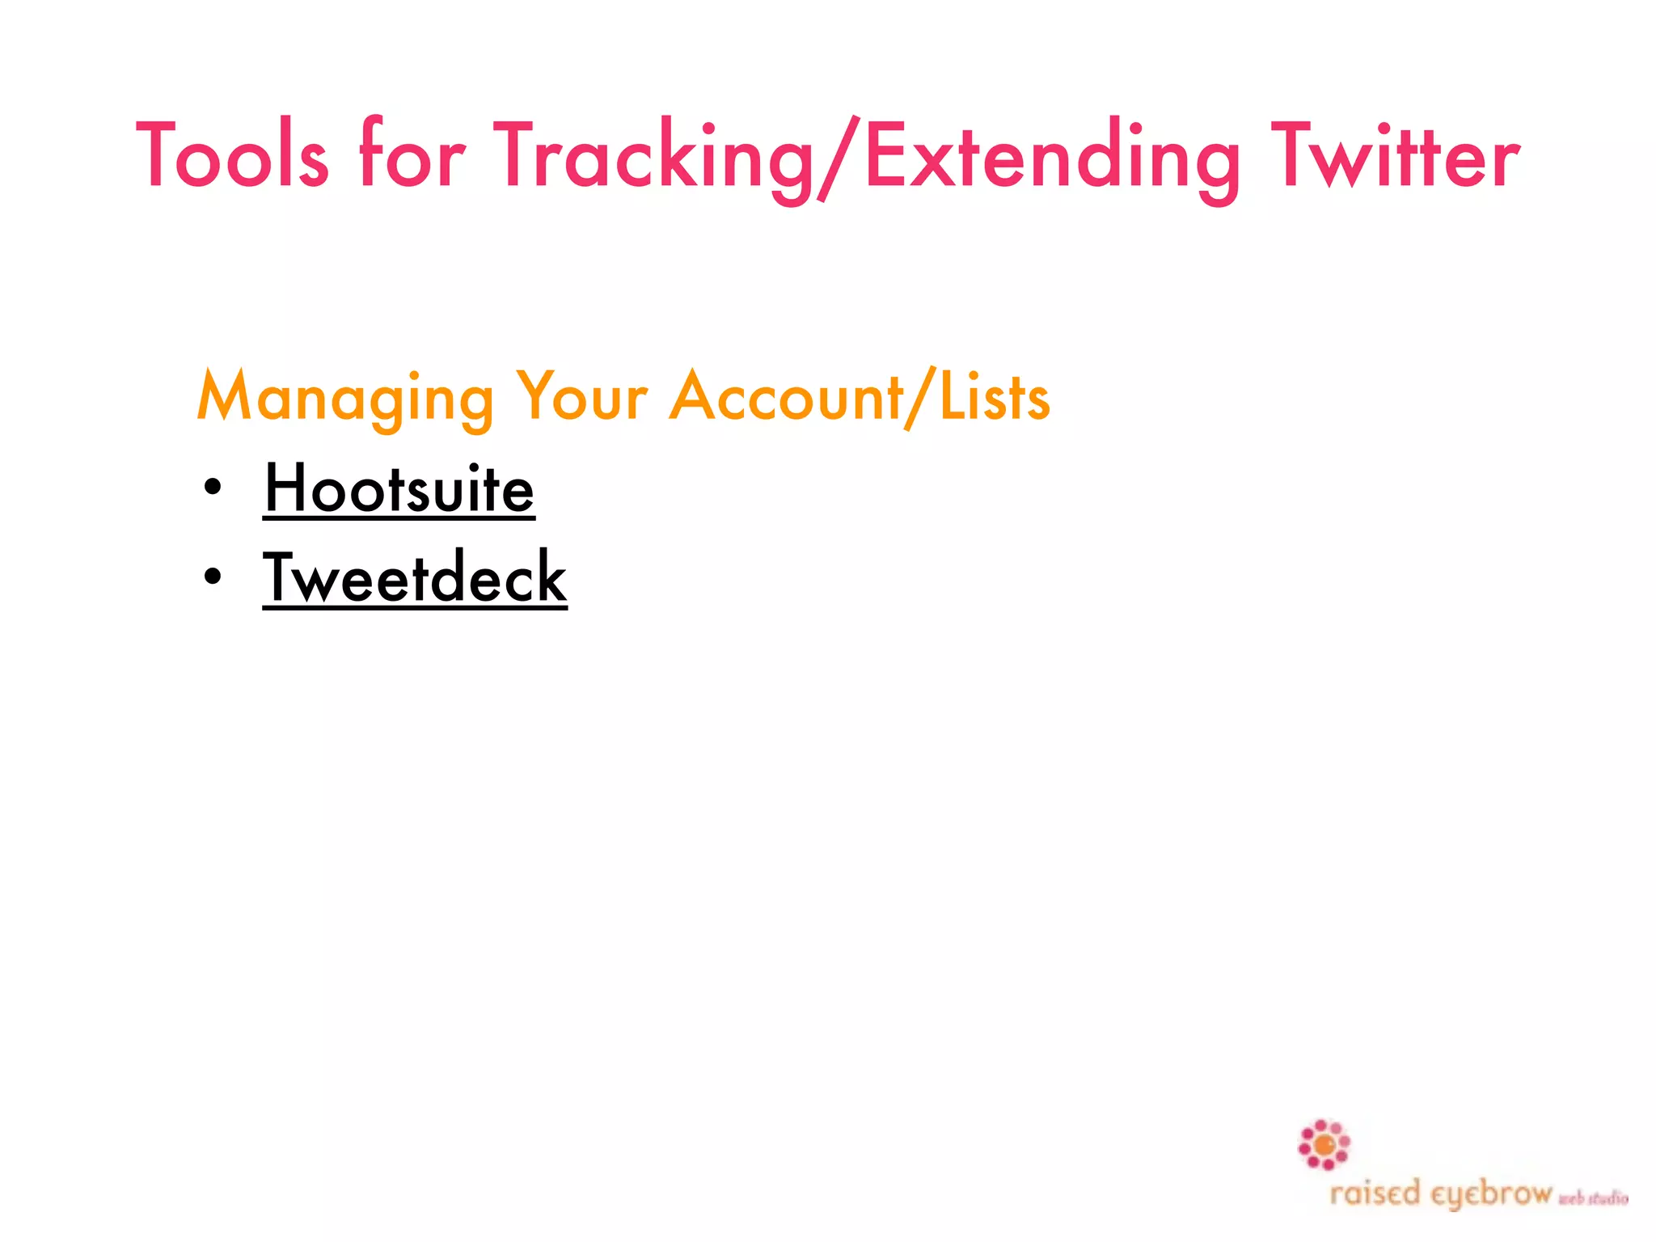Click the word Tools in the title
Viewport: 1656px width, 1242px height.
click(x=233, y=156)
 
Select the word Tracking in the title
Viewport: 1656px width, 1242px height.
click(x=653, y=158)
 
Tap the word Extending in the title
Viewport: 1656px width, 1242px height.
click(x=1051, y=158)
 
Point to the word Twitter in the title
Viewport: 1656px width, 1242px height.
click(x=1396, y=156)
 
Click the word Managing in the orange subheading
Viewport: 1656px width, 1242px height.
click(x=345, y=398)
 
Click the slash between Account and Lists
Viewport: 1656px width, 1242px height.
click(x=920, y=398)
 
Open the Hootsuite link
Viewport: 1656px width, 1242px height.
click(x=399, y=488)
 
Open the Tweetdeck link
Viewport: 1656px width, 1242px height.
click(x=415, y=577)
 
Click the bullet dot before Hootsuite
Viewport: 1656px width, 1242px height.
click(x=213, y=488)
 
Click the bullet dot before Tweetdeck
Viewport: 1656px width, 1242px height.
click(x=213, y=577)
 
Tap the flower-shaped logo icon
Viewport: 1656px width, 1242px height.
click(x=1324, y=1145)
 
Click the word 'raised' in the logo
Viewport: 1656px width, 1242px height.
click(x=1375, y=1193)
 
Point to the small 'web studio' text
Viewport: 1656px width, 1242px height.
click(x=1593, y=1198)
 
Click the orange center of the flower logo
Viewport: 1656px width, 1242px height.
click(x=1324, y=1145)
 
